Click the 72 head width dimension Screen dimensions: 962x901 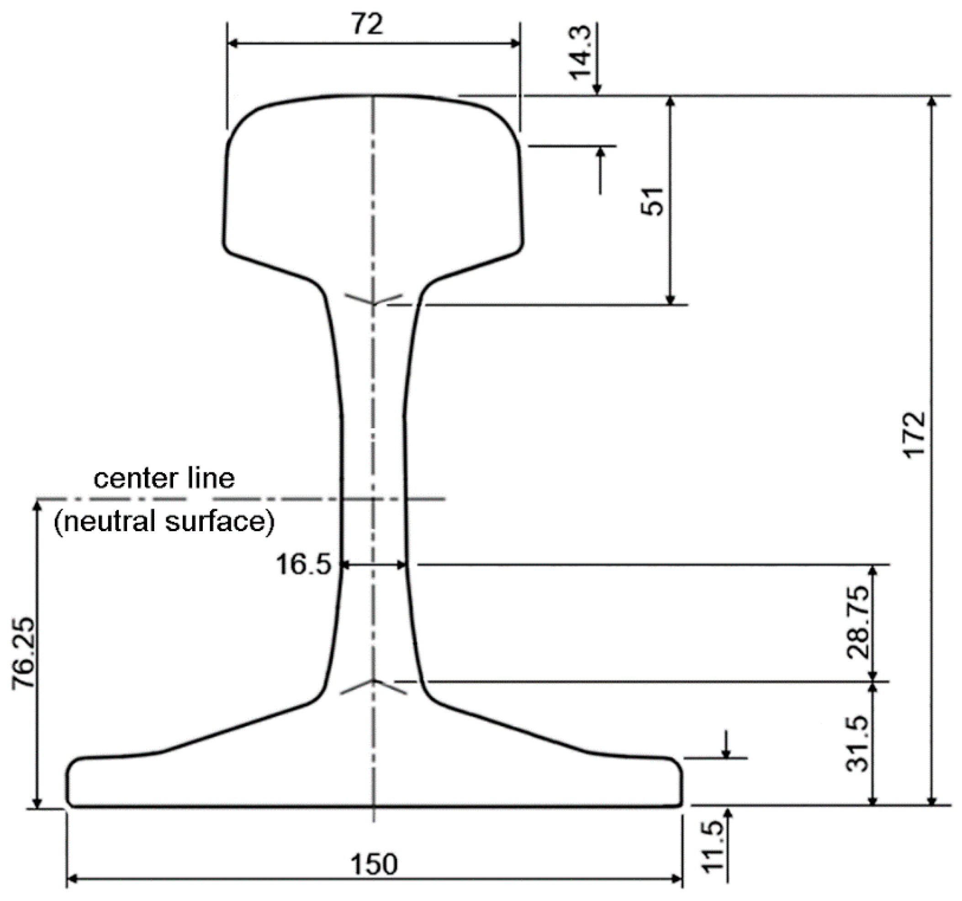click(x=368, y=24)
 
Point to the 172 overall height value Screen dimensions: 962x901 click(x=914, y=434)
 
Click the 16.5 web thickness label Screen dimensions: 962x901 click(x=304, y=565)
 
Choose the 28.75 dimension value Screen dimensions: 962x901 click(x=858, y=622)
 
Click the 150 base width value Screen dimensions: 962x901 click(x=374, y=864)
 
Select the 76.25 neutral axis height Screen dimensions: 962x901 click(x=23, y=652)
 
